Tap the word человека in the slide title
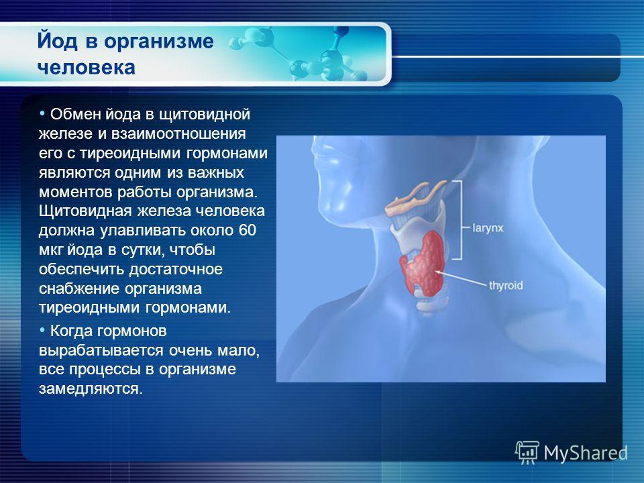87,67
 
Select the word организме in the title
158,42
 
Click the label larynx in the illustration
488,228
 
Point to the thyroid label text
506,285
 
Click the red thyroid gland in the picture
423,263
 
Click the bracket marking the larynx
461,220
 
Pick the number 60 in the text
247,230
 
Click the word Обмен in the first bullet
76,114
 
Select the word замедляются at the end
91,389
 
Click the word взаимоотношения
178,134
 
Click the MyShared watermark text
586,453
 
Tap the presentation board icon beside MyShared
527,452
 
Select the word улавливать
144,230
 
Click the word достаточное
176,270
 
